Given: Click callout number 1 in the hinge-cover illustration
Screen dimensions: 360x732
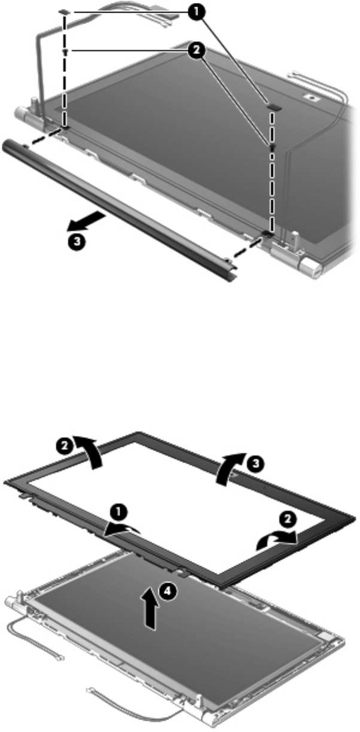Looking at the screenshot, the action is tap(197, 12).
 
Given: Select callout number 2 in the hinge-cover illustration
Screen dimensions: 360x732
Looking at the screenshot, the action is tap(197, 50).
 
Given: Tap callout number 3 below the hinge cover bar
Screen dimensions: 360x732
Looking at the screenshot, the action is tap(76, 242).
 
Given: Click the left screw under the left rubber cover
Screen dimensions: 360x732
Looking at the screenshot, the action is tap(66, 51).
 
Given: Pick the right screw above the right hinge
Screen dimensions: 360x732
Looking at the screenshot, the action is tap(271, 148).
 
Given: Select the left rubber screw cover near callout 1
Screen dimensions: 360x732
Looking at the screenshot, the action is tap(65, 12).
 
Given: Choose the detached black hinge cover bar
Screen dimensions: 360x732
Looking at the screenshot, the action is tap(119, 211).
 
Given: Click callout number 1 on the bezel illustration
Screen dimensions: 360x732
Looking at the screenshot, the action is tap(119, 512).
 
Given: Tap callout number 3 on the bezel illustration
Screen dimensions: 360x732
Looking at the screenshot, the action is tap(256, 463).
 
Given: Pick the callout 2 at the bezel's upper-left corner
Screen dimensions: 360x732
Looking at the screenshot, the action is tap(65, 446).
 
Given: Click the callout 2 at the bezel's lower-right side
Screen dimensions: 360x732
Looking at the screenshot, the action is tap(288, 518).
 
